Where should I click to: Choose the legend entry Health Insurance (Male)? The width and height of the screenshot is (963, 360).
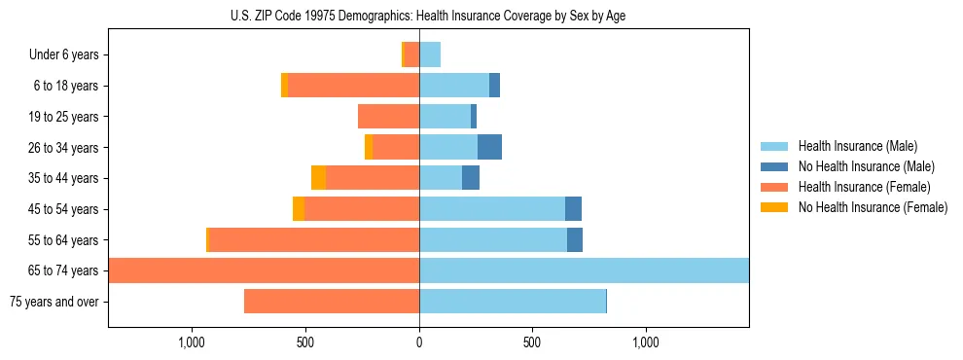[857, 146]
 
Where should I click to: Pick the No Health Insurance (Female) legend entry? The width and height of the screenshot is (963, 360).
[873, 207]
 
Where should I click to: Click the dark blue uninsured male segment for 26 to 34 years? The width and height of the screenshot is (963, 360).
[489, 147]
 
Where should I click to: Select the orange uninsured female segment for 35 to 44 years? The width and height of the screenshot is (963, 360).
[318, 178]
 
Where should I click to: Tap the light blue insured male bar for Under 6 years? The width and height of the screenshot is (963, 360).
[430, 54]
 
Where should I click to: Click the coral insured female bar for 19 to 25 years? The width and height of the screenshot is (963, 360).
[388, 117]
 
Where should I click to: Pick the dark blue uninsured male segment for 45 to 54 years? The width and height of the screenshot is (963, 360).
[573, 208]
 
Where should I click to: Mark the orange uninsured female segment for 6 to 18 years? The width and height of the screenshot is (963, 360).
[284, 86]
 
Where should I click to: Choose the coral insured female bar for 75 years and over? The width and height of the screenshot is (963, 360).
[332, 302]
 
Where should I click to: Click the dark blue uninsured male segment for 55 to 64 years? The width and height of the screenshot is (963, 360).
[575, 239]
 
